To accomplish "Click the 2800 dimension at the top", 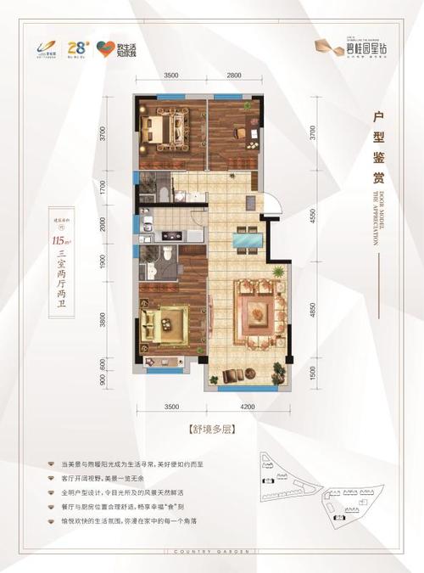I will [x=237, y=76].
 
